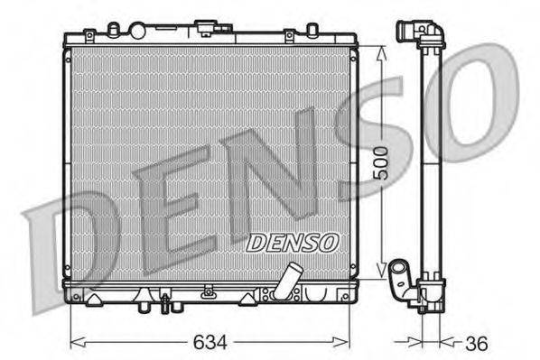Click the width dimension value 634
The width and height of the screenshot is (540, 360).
click(x=210, y=344)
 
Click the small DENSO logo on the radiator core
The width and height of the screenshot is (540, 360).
click(x=292, y=242)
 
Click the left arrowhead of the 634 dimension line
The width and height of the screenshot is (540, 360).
click(x=74, y=342)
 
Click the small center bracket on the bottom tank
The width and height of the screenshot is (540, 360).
click(x=209, y=291)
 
